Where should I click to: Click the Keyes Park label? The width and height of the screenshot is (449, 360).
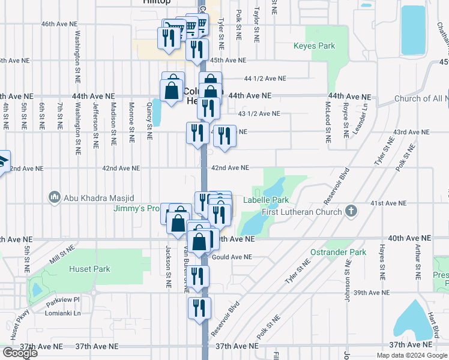click(314, 46)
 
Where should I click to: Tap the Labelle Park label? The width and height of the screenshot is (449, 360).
click(266, 200)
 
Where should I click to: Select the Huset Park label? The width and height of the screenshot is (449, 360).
click(89, 269)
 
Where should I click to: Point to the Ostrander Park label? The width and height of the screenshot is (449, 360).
click(338, 253)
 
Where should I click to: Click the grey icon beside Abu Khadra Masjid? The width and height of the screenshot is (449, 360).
click(55, 197)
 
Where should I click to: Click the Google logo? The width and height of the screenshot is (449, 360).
click(20, 353)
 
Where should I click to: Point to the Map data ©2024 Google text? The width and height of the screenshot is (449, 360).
click(411, 355)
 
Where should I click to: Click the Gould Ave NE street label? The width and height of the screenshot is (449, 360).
click(232, 257)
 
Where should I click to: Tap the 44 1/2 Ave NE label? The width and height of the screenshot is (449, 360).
click(265, 79)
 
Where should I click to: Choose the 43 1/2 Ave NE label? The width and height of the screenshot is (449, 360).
click(259, 113)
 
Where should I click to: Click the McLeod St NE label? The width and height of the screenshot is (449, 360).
click(328, 122)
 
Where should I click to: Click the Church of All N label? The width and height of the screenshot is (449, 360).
click(421, 98)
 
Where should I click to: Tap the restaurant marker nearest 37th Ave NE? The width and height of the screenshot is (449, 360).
click(199, 307)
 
